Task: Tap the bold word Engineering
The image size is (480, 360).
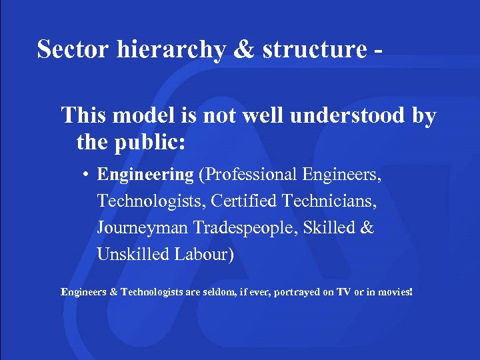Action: (x=145, y=175)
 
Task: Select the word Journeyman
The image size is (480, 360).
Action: (x=143, y=228)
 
